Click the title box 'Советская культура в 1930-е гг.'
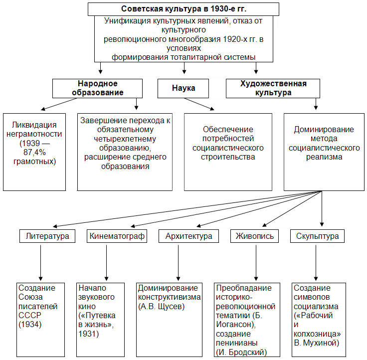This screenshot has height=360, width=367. pos(183,9)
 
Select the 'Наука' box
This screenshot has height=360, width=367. pos(183,88)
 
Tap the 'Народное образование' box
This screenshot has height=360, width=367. pos(97,88)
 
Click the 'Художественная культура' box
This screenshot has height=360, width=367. pos(273,88)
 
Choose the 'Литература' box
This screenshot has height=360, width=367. pos(47,236)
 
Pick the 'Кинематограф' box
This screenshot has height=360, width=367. pos(117,236)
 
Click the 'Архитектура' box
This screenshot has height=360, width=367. pos(188,236)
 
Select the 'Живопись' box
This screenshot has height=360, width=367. pos(254,236)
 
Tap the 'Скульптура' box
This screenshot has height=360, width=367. pos(317,236)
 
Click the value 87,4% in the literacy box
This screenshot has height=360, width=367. pos(34,153)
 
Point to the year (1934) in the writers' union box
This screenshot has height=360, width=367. pos(30,325)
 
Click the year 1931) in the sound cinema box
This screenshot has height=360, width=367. pos(89,334)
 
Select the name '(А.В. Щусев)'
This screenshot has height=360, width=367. pos(161,306)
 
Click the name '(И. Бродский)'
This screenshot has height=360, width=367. pos(241,352)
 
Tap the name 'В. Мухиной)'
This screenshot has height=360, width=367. pos(317,343)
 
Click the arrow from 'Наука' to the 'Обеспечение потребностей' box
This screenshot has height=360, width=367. pos(199,104)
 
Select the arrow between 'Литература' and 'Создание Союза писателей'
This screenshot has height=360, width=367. pos(41,263)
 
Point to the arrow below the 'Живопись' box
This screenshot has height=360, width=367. pos(256,263)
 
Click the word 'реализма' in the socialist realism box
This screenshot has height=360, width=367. pos(324,157)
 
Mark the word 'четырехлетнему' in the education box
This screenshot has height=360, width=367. pos(125,139)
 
